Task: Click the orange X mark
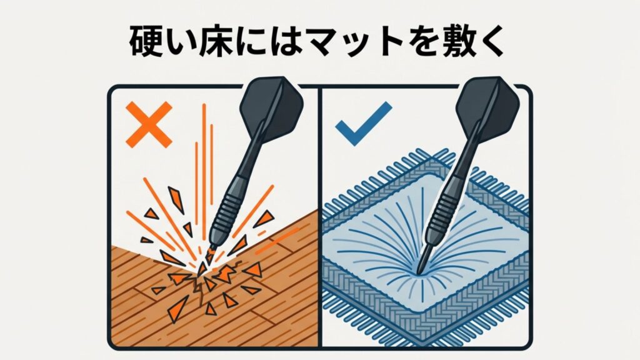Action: coord(149,125)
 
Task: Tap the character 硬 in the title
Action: coord(148,41)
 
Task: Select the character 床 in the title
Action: coord(225,41)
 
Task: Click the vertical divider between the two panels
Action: coord(320,219)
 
